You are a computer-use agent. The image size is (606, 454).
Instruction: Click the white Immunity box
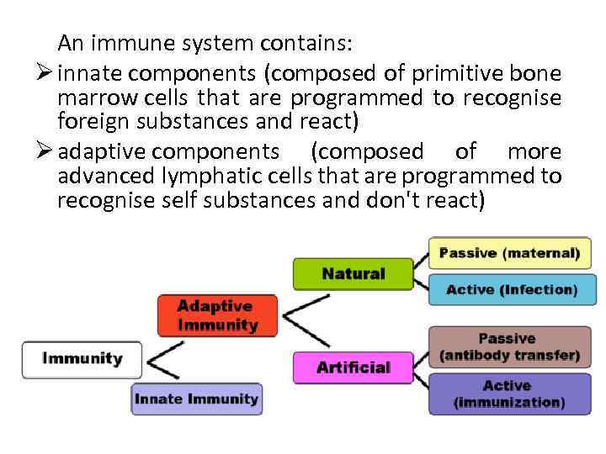click(82, 359)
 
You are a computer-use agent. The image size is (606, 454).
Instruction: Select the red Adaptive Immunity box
click(217, 315)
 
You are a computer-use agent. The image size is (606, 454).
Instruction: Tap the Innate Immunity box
click(197, 399)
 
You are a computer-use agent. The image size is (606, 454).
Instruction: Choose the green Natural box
click(353, 274)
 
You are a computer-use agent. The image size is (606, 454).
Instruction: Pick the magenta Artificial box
click(353, 367)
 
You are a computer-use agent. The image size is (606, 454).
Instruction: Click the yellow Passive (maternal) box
click(509, 253)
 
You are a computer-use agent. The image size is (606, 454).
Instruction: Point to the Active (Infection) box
click(511, 289)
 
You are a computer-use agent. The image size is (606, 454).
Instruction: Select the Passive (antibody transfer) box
click(509, 347)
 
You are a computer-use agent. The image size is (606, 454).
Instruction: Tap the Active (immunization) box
click(509, 393)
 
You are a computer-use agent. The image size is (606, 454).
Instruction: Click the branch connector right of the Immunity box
click(163, 360)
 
